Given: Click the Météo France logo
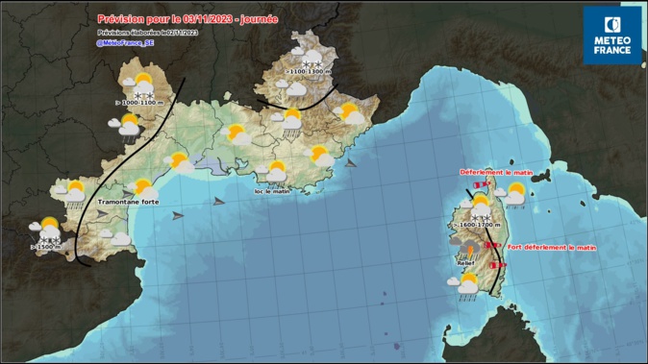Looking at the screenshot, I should [x=611, y=36].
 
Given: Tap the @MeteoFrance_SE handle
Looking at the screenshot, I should [x=125, y=42].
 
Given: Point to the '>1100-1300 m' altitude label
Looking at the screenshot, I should [x=310, y=72].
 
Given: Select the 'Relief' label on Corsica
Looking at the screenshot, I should [x=466, y=261].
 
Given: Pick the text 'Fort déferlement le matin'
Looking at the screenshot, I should [x=552, y=248].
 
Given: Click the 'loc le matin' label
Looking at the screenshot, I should [x=272, y=191].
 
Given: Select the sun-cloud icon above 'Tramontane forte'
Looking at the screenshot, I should [x=142, y=187].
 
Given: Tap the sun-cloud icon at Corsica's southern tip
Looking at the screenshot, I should [x=467, y=283].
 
